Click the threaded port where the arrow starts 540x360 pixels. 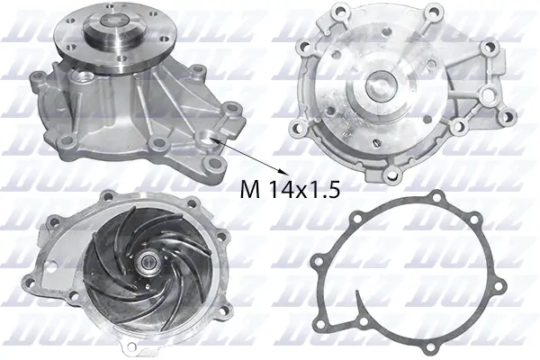pyautogui.click(x=213, y=139)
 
